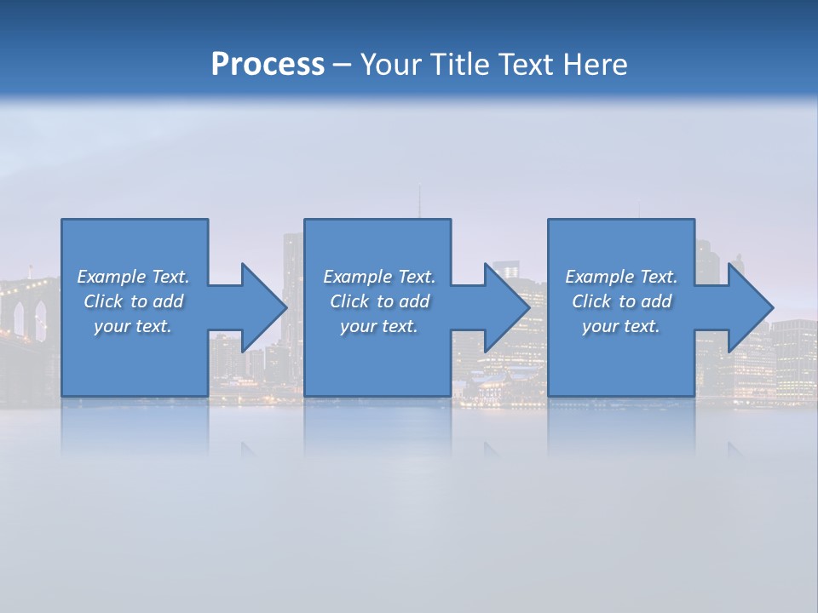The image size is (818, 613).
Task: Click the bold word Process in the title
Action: point(268,64)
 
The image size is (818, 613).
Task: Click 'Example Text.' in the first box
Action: point(133,277)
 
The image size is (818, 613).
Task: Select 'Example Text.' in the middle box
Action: point(379,277)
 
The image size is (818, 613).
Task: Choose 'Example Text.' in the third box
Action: point(621,277)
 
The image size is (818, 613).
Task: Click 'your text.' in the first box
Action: point(133,326)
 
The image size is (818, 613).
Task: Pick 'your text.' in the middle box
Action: point(379,326)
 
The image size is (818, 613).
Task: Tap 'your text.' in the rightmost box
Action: point(621,326)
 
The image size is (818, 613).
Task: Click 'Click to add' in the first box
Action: point(133,301)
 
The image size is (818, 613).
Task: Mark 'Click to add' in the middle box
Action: point(379,301)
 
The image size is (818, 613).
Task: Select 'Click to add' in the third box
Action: point(621,301)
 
